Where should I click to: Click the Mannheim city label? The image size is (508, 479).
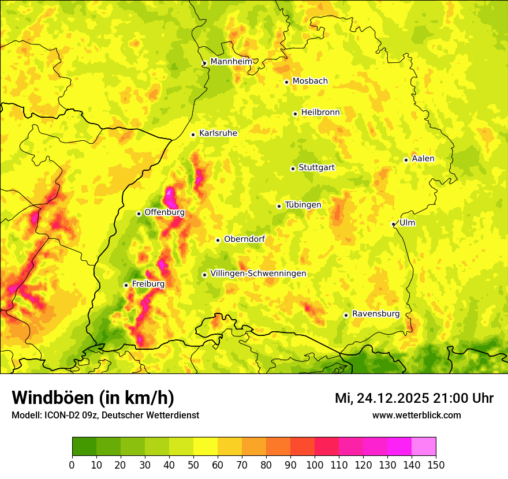(231, 62)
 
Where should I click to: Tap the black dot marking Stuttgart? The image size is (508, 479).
(293, 169)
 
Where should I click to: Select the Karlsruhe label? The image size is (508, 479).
(218, 133)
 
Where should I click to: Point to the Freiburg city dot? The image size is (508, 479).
(126, 285)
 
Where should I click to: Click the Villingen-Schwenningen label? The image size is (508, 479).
(258, 274)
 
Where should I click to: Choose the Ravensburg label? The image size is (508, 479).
(376, 314)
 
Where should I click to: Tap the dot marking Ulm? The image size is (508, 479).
(393, 224)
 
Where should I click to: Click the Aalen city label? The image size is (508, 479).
(423, 159)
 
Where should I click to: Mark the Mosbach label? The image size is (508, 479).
(310, 81)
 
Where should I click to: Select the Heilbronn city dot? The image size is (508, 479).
(295, 114)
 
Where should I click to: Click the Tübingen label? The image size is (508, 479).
(303, 205)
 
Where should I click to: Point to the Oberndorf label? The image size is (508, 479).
(244, 239)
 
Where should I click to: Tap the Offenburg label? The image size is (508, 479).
(165, 212)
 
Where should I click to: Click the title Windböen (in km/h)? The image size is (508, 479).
(92, 398)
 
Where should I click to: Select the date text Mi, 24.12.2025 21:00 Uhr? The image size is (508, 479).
(414, 398)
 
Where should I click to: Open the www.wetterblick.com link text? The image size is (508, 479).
(416, 415)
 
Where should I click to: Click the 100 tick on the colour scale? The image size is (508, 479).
(315, 464)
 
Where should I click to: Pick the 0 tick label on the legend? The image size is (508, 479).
(72, 464)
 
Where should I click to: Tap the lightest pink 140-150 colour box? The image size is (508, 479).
(424, 447)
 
